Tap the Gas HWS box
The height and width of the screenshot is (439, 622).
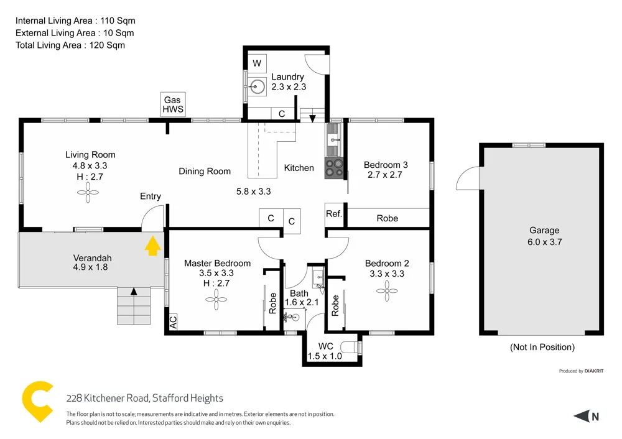(x=172, y=104)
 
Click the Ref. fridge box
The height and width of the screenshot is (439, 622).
(x=334, y=214)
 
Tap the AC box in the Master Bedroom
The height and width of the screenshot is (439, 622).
(x=173, y=322)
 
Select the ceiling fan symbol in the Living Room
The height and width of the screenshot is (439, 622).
(x=88, y=194)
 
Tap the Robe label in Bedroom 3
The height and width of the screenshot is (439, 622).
(x=387, y=218)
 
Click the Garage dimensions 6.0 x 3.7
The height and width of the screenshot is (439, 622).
(x=544, y=242)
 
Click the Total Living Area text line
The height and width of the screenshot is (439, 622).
(x=70, y=45)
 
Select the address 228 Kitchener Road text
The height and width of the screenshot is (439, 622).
(x=144, y=398)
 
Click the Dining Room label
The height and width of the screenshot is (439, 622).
(x=205, y=171)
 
